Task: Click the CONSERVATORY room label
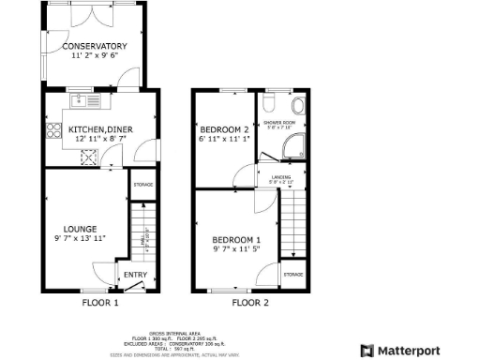(94, 46)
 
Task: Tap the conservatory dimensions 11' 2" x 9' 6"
(94, 56)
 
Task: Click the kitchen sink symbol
(81, 99)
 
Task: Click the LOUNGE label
(80, 228)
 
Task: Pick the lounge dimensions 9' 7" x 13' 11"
(80, 238)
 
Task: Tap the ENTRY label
(135, 275)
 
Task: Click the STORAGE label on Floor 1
(142, 185)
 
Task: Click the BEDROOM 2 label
(222, 129)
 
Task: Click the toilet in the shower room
(297, 105)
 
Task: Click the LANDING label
(280, 175)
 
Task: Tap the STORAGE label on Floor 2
(292, 274)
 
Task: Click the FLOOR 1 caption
(100, 303)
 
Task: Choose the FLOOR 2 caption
(250, 303)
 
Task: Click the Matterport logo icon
(367, 351)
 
